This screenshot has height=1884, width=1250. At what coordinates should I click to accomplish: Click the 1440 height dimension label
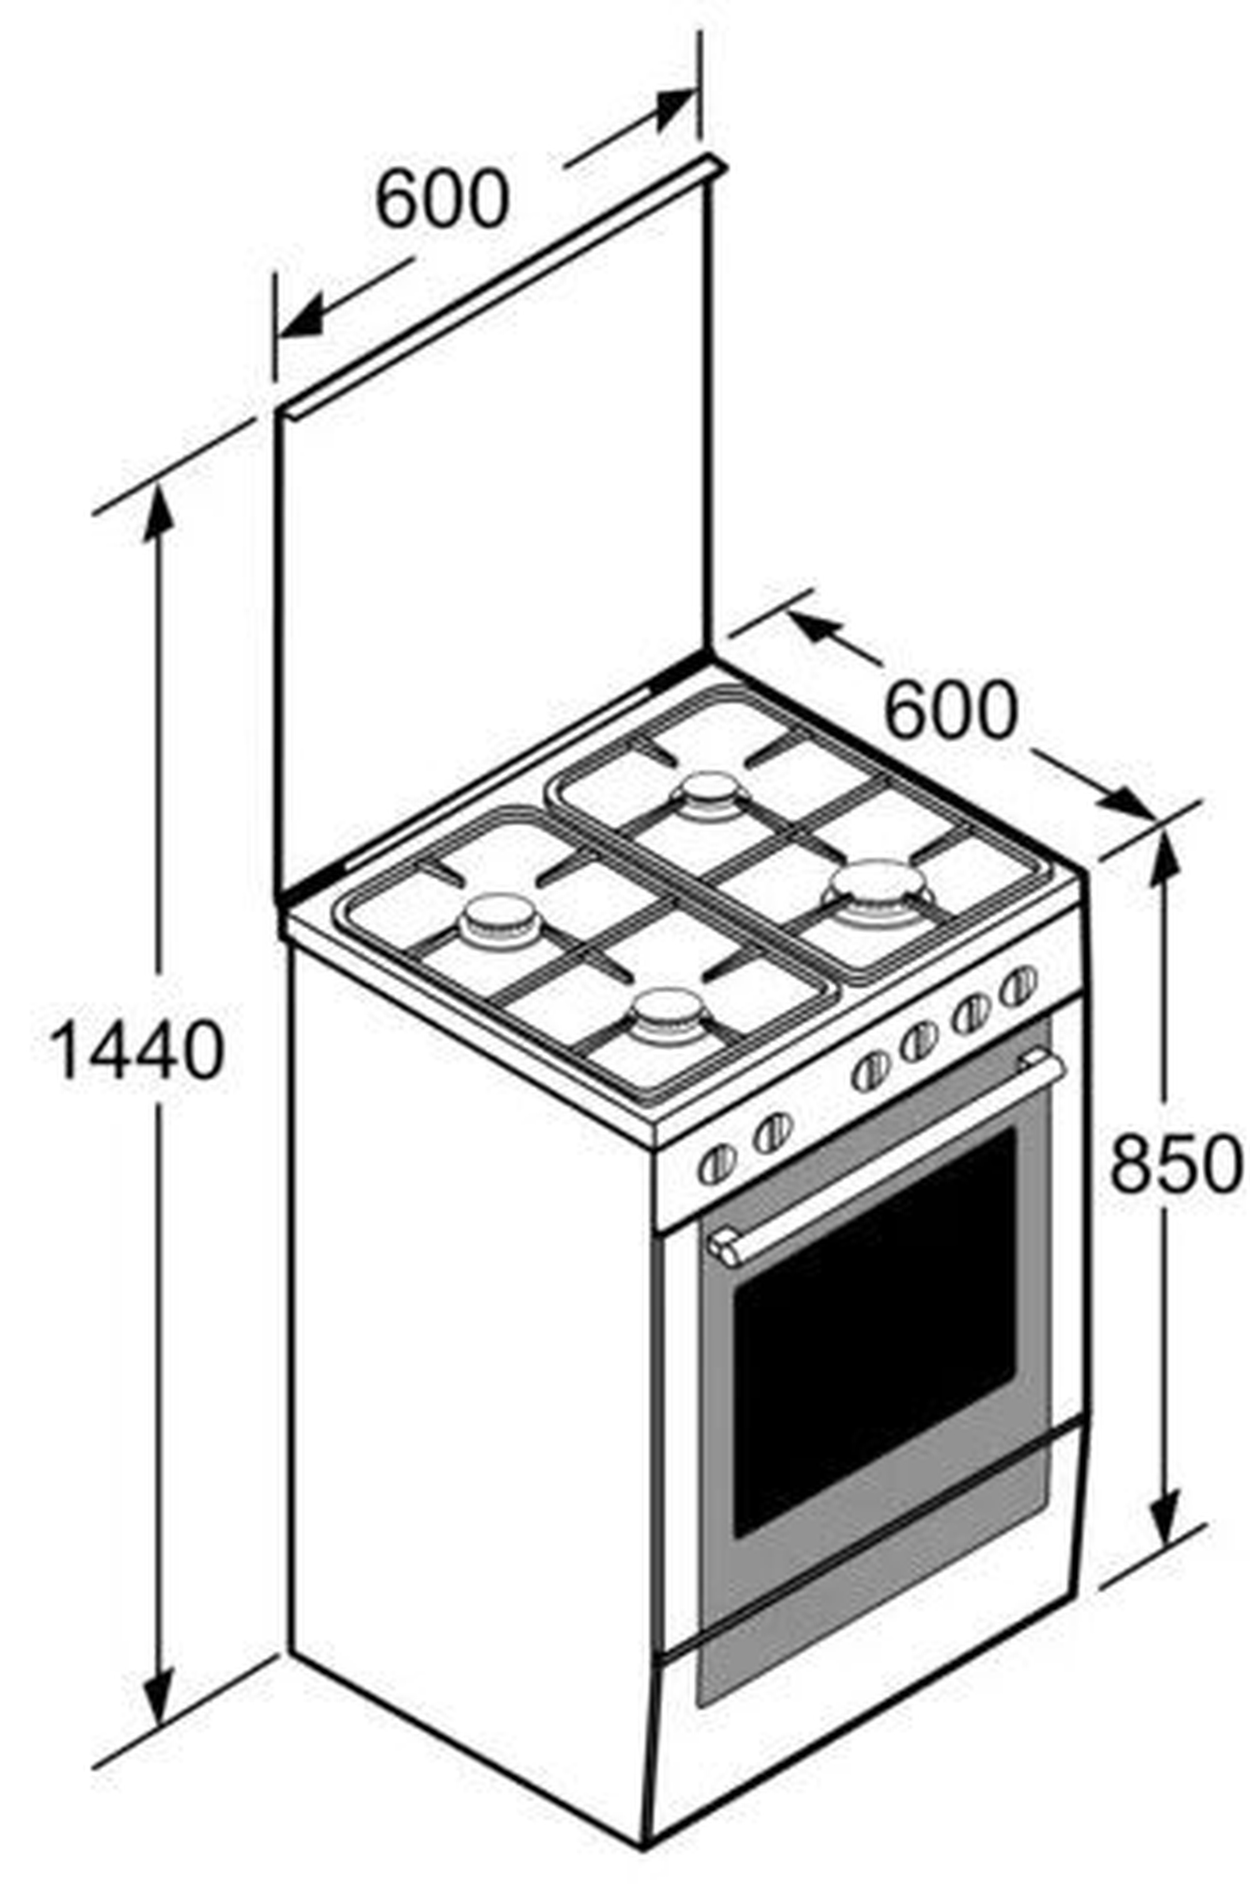coord(136,1050)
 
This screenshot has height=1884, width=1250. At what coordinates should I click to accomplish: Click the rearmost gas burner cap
coord(709,794)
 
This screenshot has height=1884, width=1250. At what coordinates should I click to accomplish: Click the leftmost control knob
coord(717,1165)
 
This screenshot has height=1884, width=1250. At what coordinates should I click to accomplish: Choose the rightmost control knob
coord(1019,987)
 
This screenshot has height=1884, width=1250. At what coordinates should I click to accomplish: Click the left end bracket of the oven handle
coord(724,1248)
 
